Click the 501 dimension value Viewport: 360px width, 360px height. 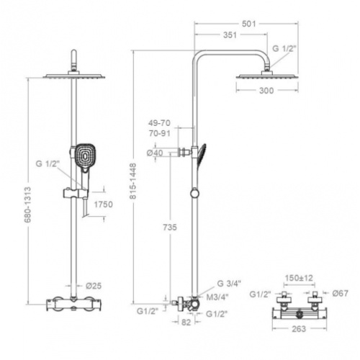click(249, 24)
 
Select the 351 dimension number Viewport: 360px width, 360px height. click(230, 35)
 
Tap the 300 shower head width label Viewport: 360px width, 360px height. click(266, 91)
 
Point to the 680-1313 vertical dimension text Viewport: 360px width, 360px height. click(28, 204)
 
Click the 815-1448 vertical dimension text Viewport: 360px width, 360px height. click(132, 181)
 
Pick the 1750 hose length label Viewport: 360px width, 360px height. click(103, 204)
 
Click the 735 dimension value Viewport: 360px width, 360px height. click(170, 227)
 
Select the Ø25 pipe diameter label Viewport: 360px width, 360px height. click(94, 286)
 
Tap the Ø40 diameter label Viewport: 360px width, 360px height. click(155, 153)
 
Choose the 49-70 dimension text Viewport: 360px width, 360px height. click(159, 123)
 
